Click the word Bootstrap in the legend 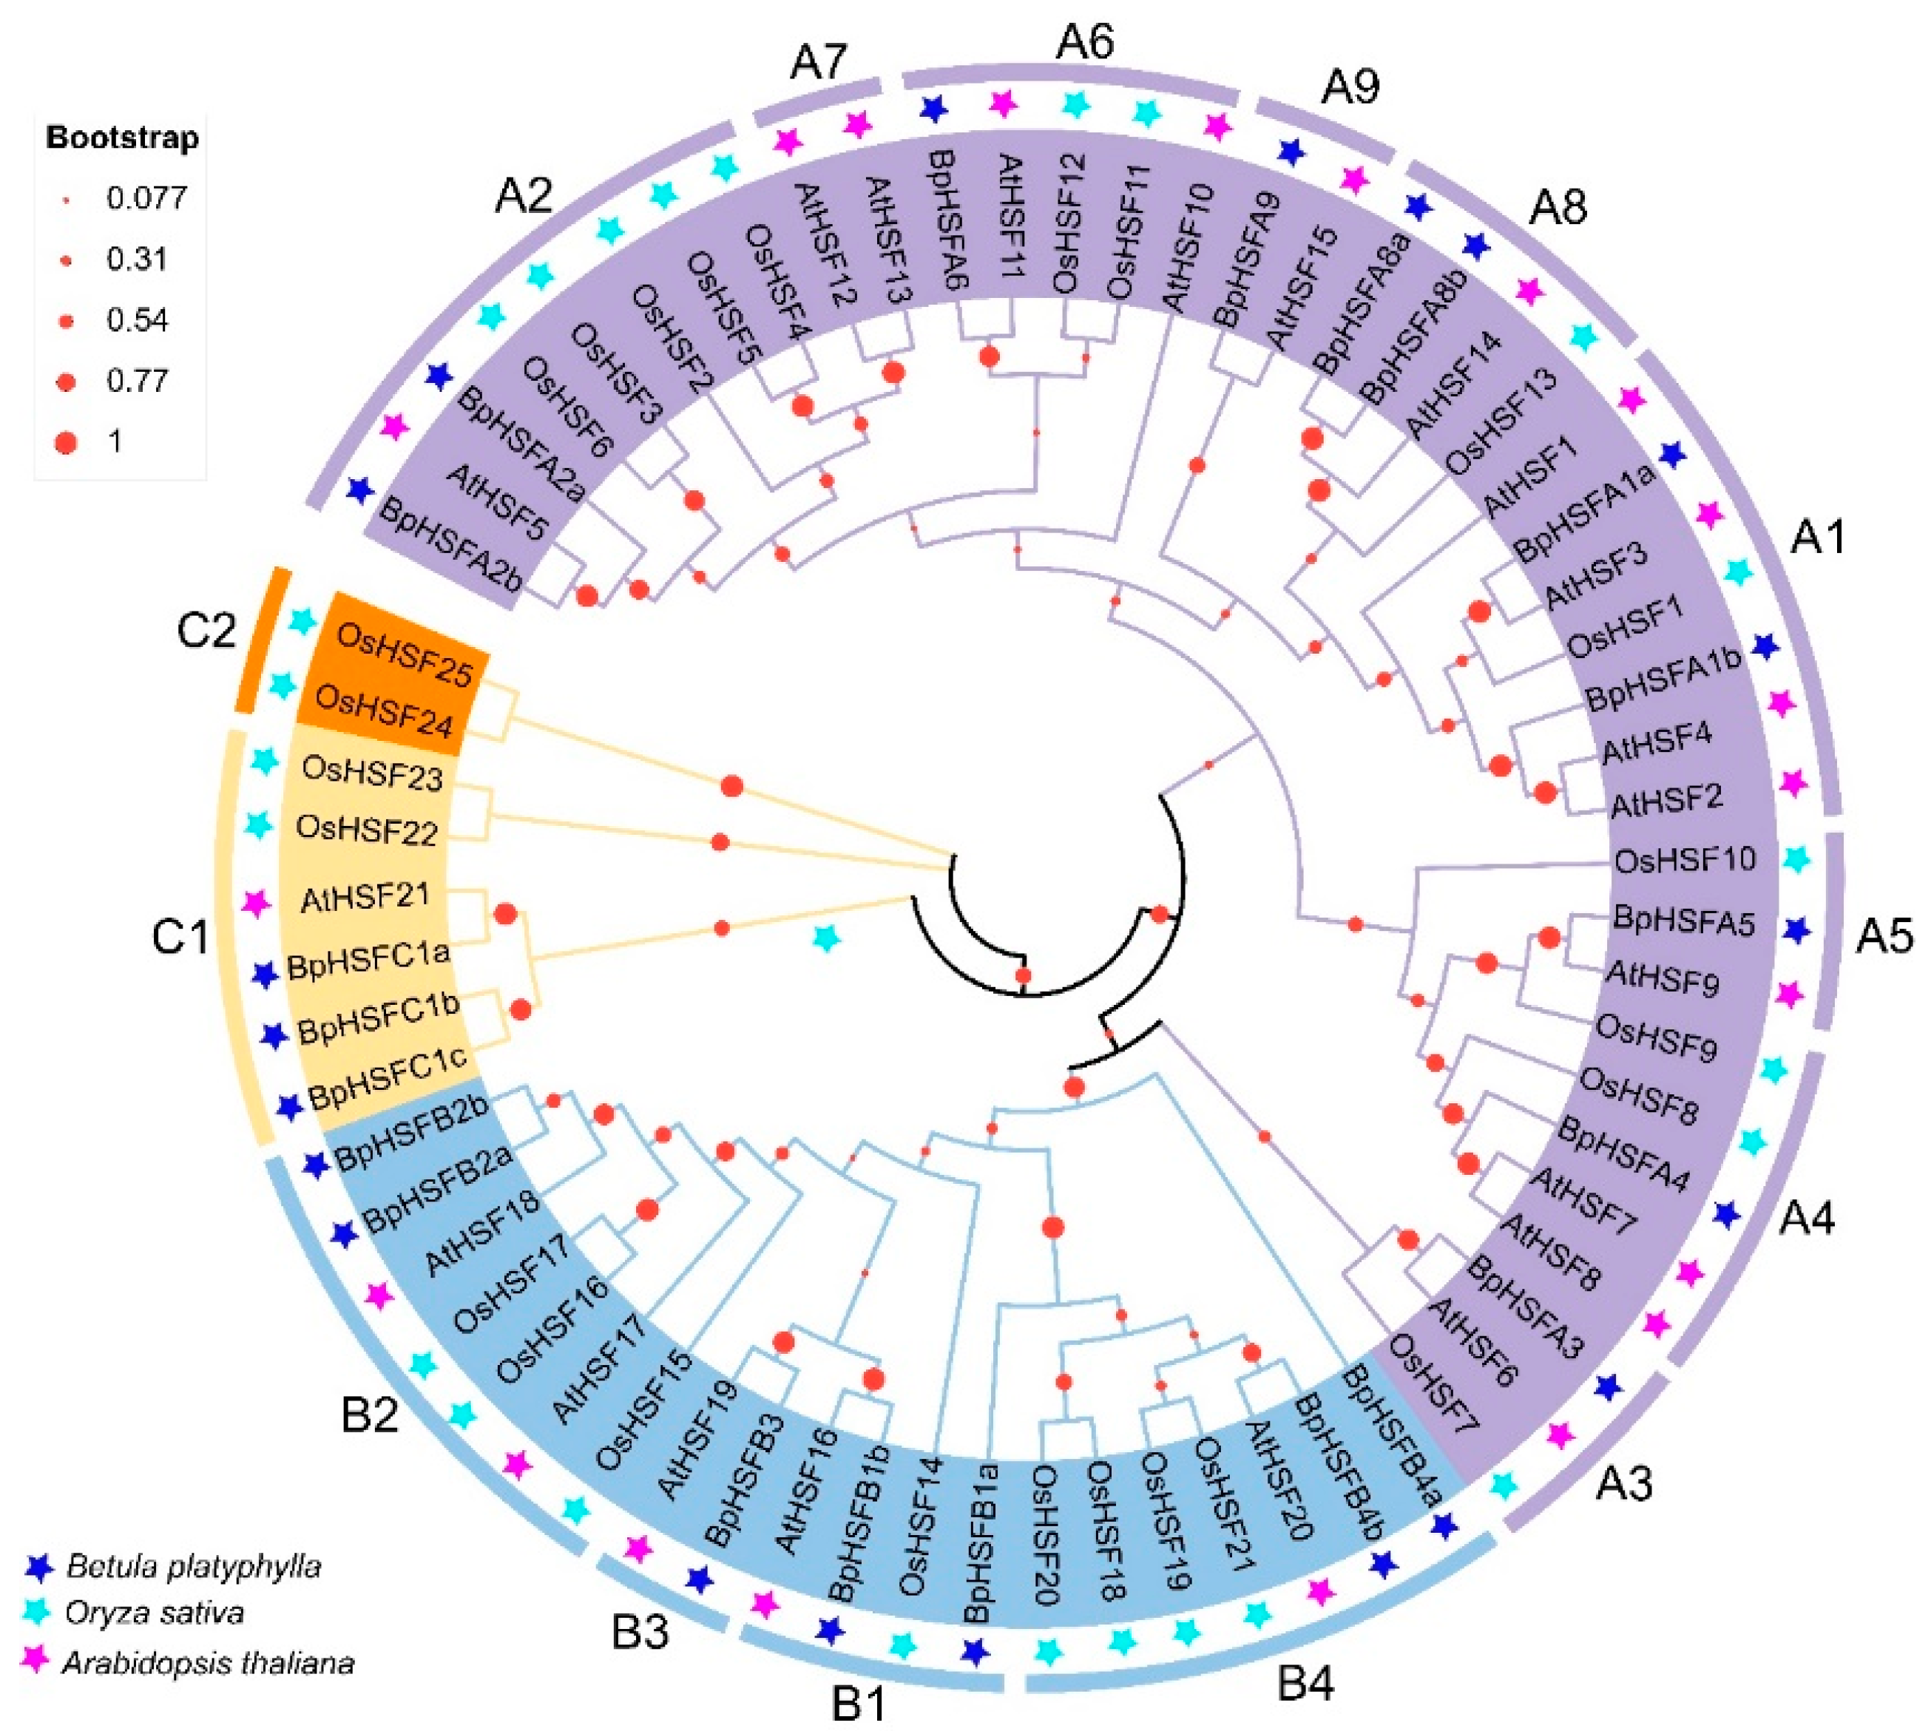(x=123, y=138)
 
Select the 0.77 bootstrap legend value (x=137, y=381)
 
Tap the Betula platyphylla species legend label (x=193, y=1565)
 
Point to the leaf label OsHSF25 (x=405, y=655)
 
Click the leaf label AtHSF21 (x=365, y=896)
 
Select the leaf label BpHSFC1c (x=388, y=1080)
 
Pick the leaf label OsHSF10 (x=1685, y=860)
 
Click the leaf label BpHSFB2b (x=413, y=1132)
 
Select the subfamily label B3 (x=640, y=1632)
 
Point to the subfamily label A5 (x=1884, y=937)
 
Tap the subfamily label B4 (x=1305, y=1684)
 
